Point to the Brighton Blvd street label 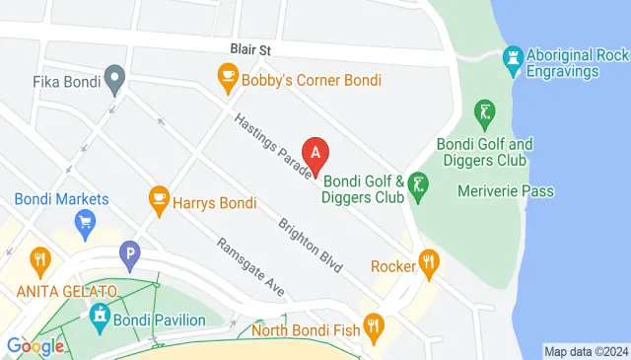click(310, 245)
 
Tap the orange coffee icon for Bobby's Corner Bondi click(228, 75)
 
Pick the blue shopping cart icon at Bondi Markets click(86, 221)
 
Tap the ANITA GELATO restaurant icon click(39, 261)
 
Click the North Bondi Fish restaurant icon click(373, 324)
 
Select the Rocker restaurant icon click(427, 264)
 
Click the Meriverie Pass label click(506, 191)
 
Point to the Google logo click(35, 346)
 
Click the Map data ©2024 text click(586, 351)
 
